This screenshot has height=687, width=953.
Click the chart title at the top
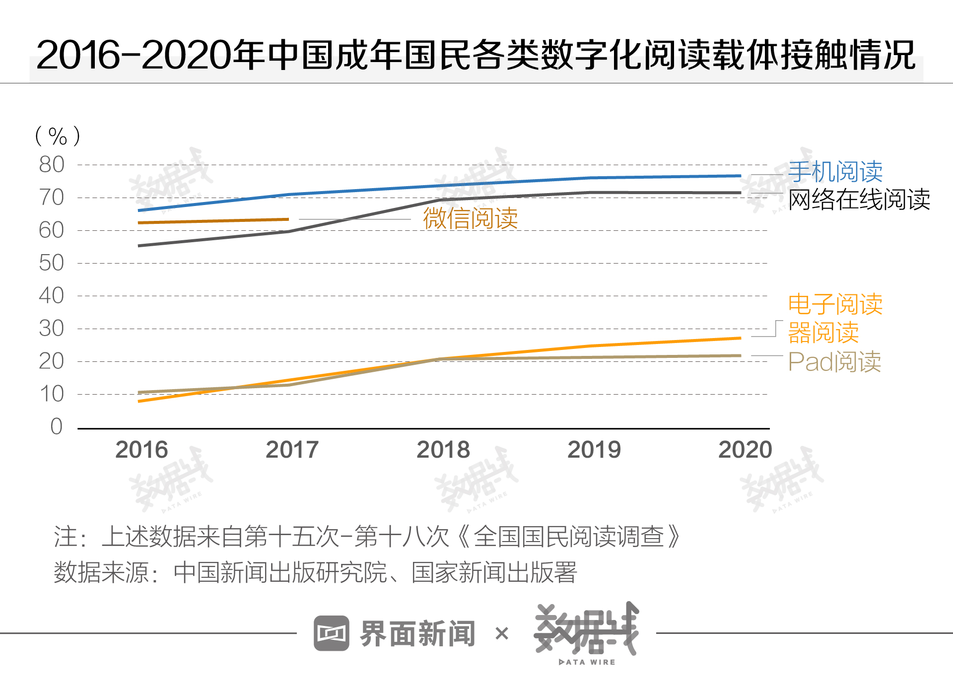tap(476, 55)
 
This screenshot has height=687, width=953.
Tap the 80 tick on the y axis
tap(52, 165)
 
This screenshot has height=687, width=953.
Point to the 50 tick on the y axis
tap(52, 263)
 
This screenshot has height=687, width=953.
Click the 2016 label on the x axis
tap(141, 450)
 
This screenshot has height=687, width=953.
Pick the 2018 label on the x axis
tap(443, 450)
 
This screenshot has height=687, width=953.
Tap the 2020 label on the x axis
tap(745, 450)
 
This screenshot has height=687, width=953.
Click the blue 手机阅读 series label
tap(835, 172)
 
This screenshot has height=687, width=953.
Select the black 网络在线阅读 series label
tap(859, 200)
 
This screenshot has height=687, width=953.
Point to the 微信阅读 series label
tap(470, 218)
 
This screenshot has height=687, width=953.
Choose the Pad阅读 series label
tap(834, 362)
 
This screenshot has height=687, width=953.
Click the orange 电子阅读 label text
tap(835, 304)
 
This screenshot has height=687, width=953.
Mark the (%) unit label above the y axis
tap(58, 136)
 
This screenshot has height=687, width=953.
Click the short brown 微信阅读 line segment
tap(213, 221)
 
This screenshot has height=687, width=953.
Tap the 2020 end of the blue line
tap(740, 176)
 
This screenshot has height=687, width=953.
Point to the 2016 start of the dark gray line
tap(140, 246)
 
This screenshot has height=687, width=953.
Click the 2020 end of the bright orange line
tap(740, 338)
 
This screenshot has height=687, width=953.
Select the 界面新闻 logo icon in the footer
tap(331, 633)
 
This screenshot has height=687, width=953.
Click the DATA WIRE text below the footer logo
tap(587, 662)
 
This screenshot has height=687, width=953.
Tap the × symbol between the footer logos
tap(502, 633)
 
